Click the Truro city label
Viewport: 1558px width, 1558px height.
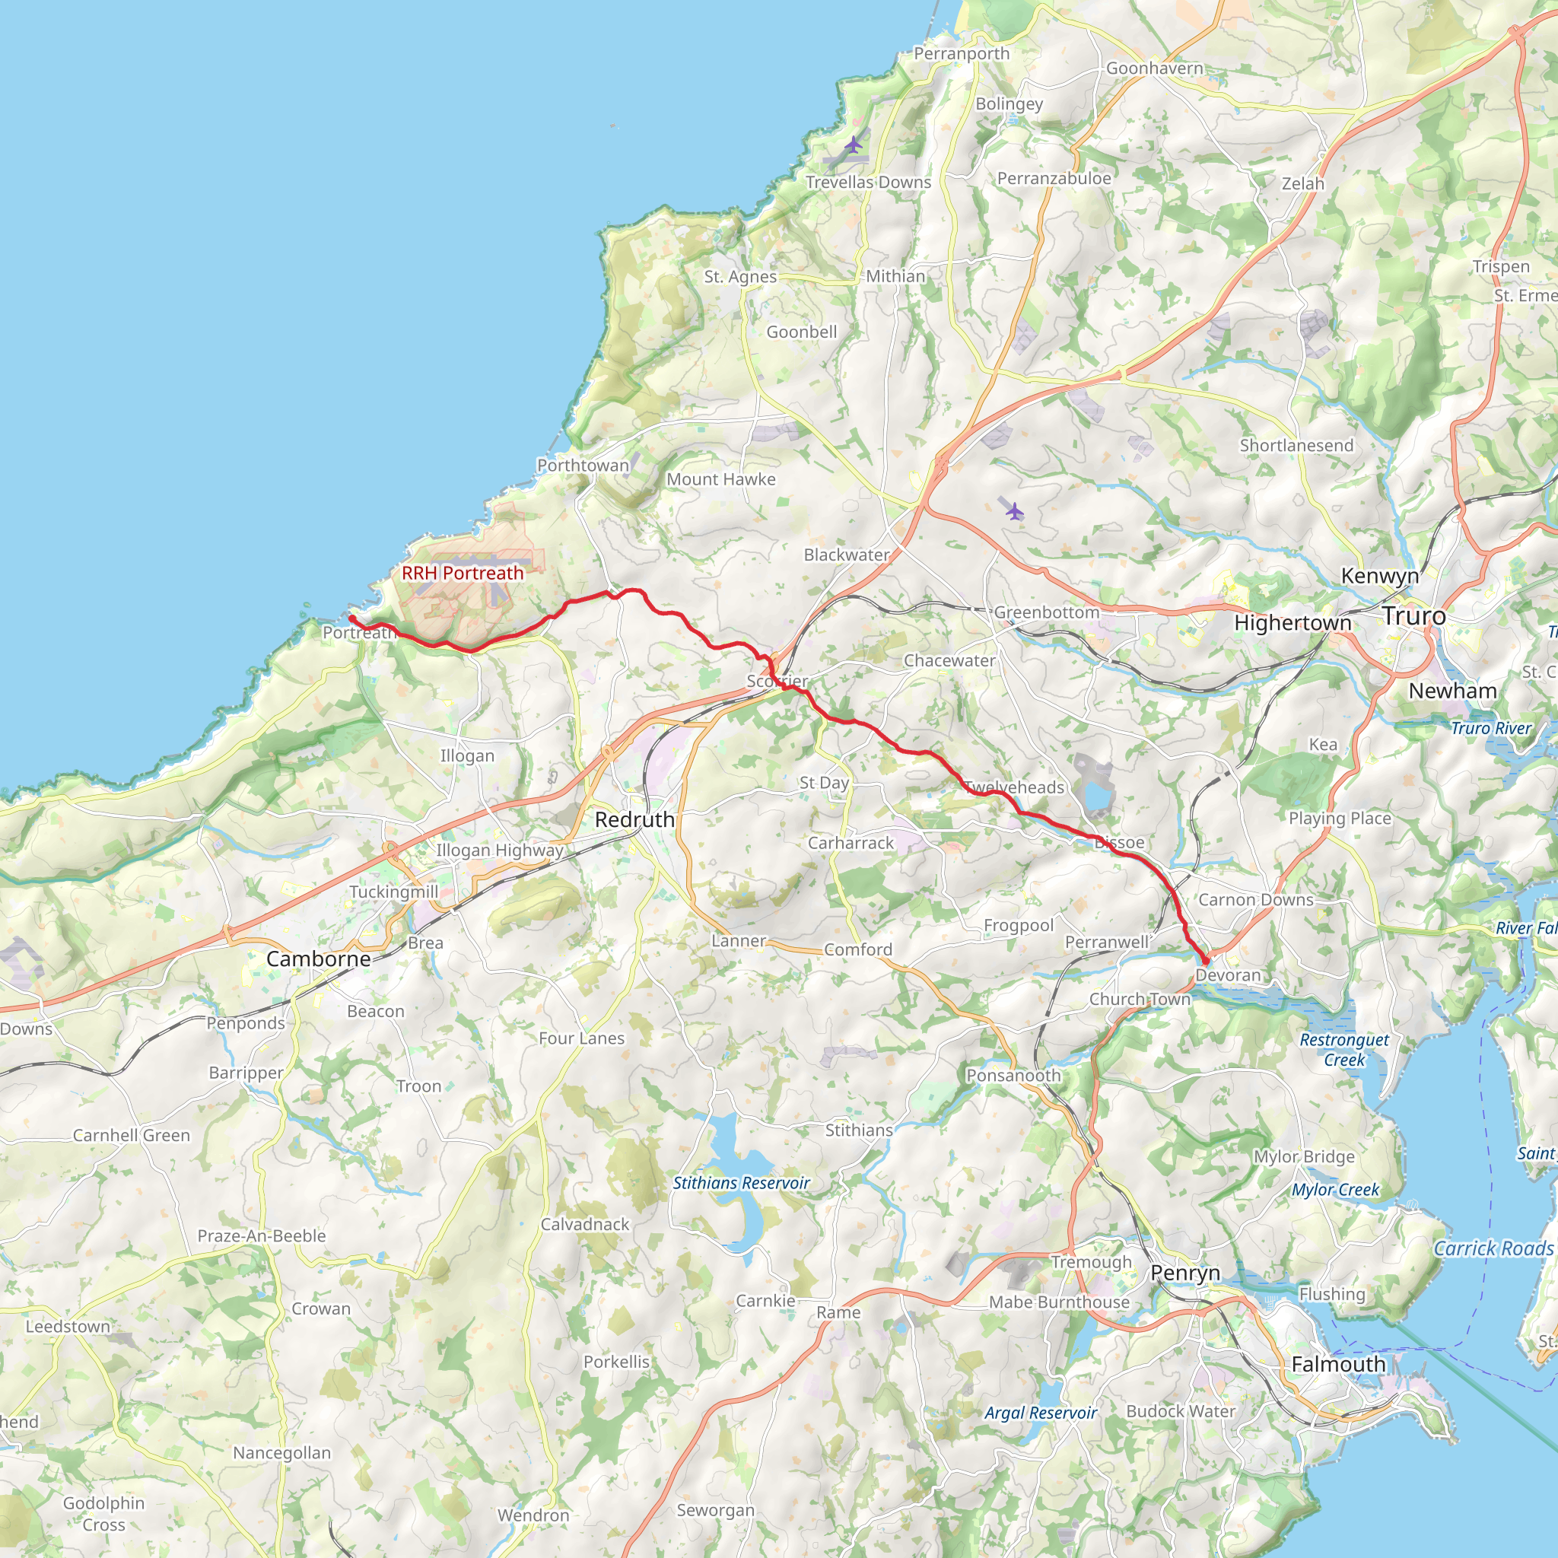point(1413,616)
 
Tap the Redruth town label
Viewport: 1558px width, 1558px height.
point(634,819)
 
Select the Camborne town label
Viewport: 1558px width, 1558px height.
point(319,959)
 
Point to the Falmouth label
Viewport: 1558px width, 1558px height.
point(1338,1365)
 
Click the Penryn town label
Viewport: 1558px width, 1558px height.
point(1184,1273)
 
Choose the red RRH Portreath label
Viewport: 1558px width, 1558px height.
point(462,574)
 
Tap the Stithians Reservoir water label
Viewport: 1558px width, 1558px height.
point(741,1183)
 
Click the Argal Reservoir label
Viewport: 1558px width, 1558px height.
point(1040,1413)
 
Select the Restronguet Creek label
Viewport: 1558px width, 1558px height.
point(1344,1050)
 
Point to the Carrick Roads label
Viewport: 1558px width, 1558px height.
point(1493,1249)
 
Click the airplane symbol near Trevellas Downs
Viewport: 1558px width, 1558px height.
point(854,146)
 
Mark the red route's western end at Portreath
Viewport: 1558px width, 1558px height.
point(351,618)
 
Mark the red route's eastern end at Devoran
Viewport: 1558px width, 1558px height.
point(1206,962)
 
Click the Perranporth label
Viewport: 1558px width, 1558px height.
point(962,54)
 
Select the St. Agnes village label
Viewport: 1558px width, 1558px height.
point(740,277)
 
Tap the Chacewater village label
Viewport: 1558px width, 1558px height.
point(949,660)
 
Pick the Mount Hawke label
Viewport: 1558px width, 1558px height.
point(721,479)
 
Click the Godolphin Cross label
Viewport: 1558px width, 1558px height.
point(104,1514)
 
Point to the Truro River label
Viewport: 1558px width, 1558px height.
point(1491,728)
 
